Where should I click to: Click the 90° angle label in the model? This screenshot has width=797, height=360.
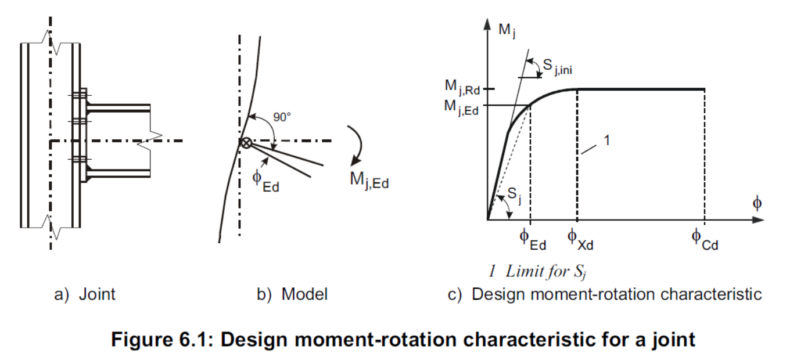click(282, 116)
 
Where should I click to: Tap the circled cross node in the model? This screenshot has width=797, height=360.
click(246, 142)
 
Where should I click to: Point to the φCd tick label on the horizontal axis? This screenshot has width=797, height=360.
click(705, 239)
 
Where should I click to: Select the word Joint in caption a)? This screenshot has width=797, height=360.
click(98, 294)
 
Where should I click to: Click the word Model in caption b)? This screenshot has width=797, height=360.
click(304, 294)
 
